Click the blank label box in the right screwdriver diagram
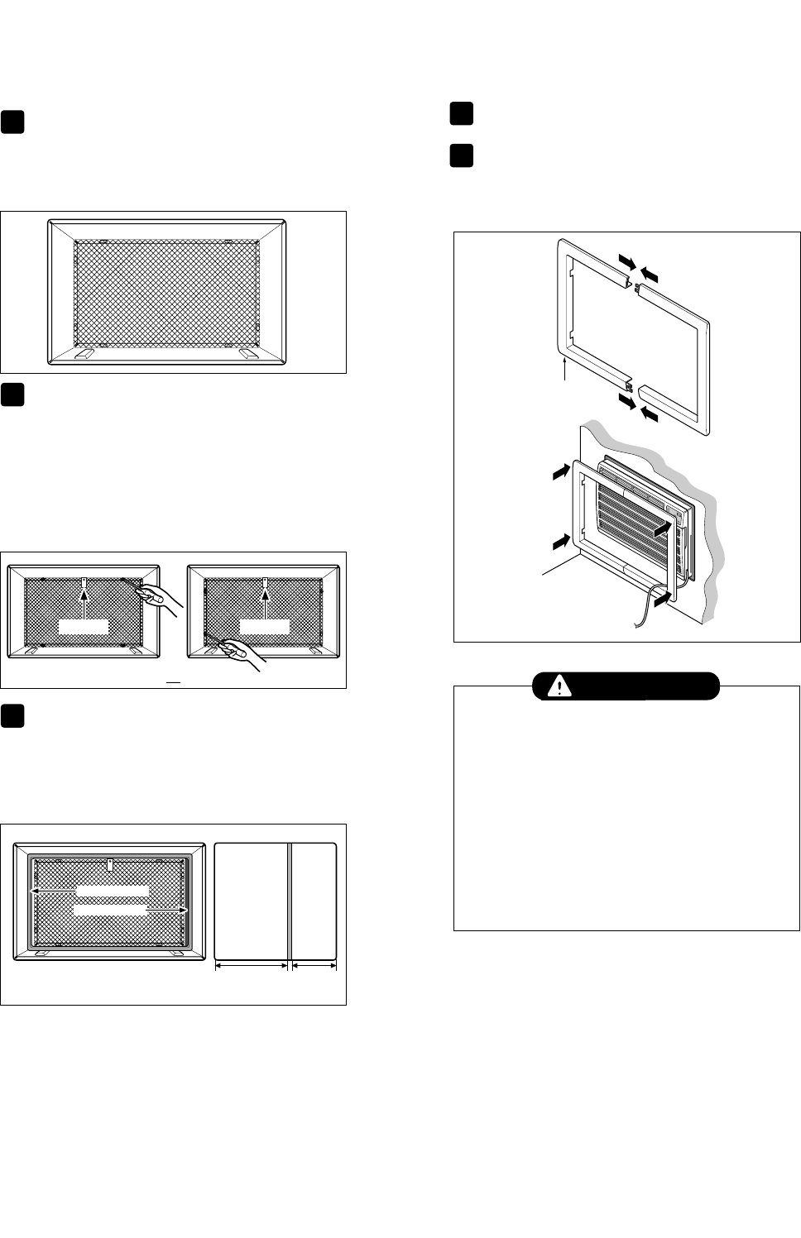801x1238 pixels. point(265,625)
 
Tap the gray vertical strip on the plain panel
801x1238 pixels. point(290,901)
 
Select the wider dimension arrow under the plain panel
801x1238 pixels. point(252,964)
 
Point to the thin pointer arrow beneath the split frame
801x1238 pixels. point(564,367)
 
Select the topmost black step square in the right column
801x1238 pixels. point(462,113)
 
